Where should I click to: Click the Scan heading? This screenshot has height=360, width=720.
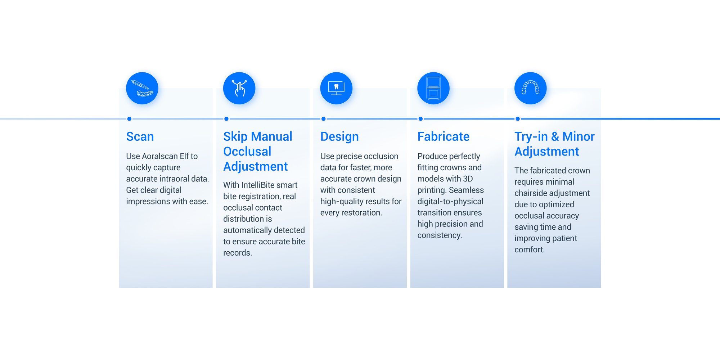(x=140, y=136)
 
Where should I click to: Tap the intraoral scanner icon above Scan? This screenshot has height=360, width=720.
(x=142, y=88)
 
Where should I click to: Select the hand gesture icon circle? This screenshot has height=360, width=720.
(x=239, y=88)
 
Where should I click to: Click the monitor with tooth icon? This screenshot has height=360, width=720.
(x=336, y=88)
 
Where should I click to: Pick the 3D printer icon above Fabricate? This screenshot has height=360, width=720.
(x=433, y=88)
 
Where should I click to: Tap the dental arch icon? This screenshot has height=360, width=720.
(x=531, y=88)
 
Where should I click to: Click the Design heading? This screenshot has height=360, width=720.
(x=339, y=137)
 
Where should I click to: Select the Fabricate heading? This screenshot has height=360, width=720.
(x=444, y=136)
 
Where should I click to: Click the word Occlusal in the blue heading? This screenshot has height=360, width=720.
(x=247, y=152)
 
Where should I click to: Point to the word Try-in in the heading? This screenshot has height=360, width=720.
(x=531, y=137)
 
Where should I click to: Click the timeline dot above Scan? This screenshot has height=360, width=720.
(x=129, y=119)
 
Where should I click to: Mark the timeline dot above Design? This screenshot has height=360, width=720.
(x=324, y=119)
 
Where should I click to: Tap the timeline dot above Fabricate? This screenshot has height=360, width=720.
(x=420, y=119)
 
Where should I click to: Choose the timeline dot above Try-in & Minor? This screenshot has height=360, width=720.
(x=518, y=119)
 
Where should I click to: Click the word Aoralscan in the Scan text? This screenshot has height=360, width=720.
(x=160, y=156)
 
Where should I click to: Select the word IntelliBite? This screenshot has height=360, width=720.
(x=259, y=185)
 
